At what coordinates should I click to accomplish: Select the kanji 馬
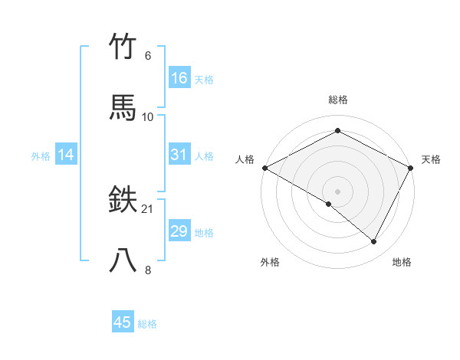(123, 108)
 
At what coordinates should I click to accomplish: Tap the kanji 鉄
(123, 201)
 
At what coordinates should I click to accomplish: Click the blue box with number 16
(179, 78)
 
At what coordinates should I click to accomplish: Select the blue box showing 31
(179, 155)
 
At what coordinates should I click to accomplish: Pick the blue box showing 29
(179, 231)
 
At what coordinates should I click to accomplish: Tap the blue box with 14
(66, 155)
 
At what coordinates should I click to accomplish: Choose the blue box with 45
(123, 322)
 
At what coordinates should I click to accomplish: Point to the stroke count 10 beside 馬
(148, 116)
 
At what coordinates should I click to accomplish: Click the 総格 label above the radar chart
(338, 100)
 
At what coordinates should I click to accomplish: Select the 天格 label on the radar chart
(431, 159)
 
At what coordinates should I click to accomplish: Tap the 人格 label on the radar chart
(245, 159)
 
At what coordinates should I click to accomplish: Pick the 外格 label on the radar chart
(270, 262)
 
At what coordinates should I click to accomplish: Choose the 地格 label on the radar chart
(402, 262)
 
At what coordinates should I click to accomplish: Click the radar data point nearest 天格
(412, 168)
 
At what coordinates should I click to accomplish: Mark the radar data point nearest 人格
(264, 168)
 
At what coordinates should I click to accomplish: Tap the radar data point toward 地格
(374, 241)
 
